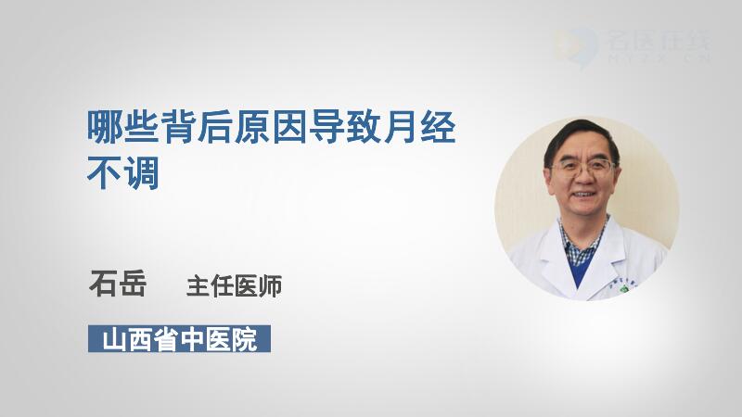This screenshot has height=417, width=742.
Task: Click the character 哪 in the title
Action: click(105, 127)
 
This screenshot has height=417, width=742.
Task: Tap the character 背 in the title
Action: click(179, 127)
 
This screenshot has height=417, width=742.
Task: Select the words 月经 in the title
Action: click(420, 127)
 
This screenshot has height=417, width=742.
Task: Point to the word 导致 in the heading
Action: click(345, 127)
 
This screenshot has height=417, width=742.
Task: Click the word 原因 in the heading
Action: click(272, 127)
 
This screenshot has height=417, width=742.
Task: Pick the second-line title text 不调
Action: click(123, 172)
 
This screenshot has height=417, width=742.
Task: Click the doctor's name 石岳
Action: click(118, 284)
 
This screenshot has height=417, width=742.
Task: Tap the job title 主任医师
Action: click(235, 286)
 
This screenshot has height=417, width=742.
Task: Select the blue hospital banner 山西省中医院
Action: click(179, 338)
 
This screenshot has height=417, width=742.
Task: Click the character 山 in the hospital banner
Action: click(114, 339)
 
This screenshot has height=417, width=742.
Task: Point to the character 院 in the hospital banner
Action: click(244, 339)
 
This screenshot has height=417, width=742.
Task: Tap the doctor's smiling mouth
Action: click(582, 195)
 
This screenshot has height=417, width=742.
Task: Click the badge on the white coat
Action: click(624, 288)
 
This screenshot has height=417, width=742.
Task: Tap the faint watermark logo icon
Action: click(575, 46)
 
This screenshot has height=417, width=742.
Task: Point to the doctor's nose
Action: click(583, 179)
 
